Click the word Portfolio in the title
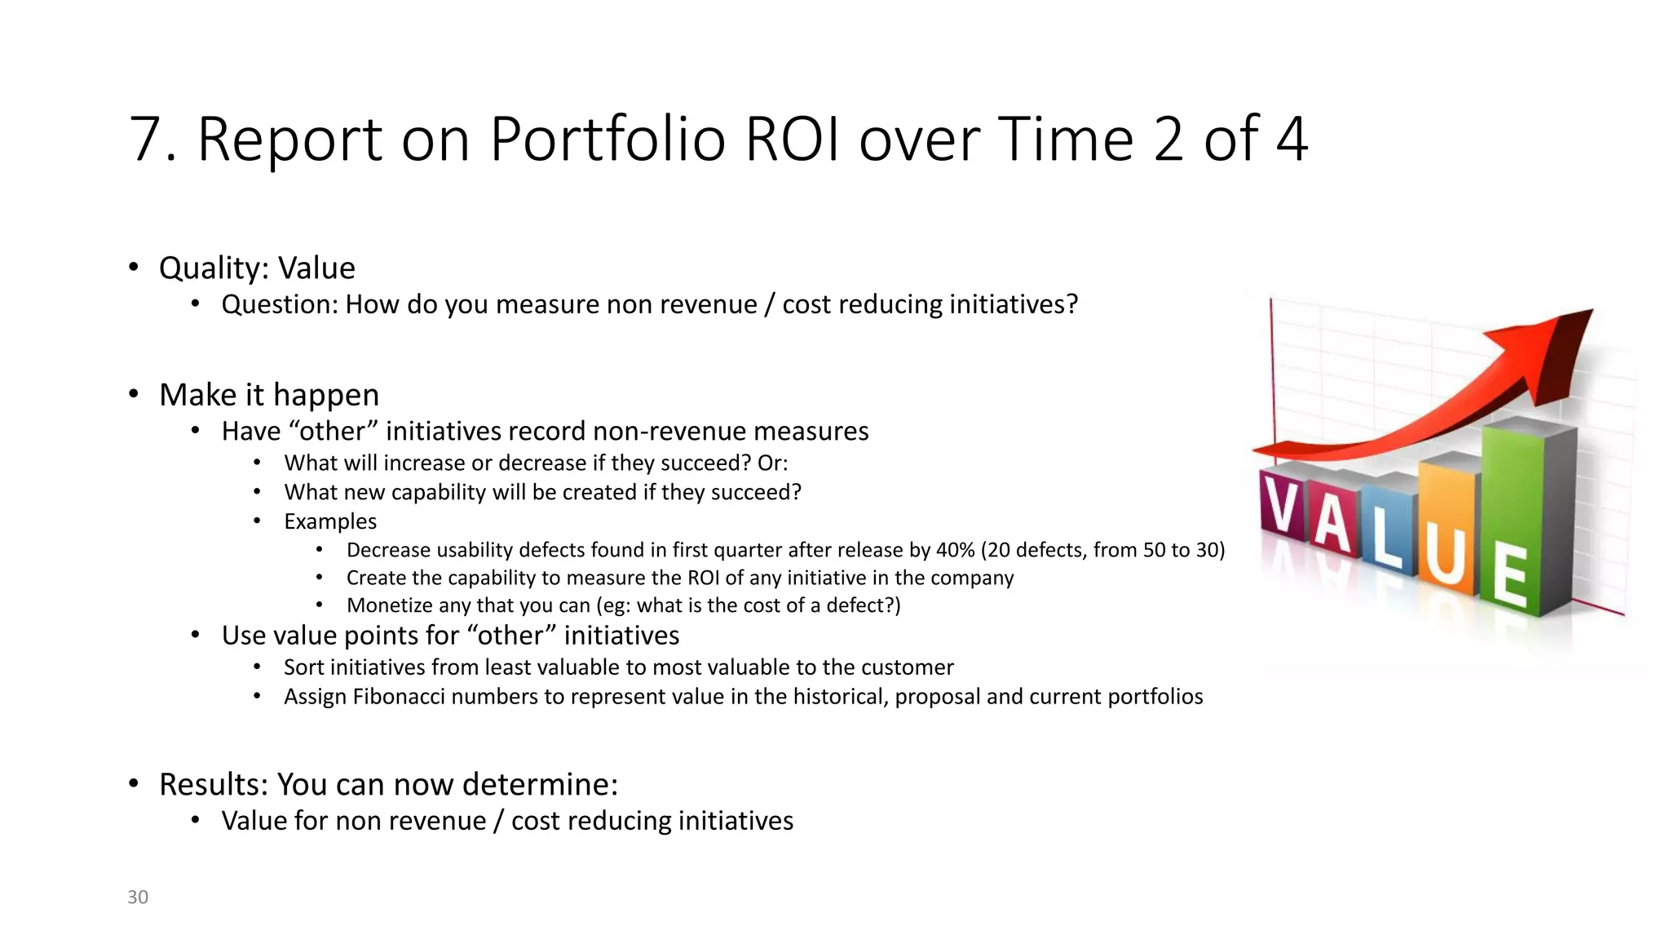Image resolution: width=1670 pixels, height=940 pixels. pos(607,139)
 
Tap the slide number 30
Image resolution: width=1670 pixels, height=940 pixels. pos(138,897)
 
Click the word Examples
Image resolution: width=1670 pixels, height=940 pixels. pos(330,521)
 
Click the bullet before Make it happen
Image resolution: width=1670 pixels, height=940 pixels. pos(134,395)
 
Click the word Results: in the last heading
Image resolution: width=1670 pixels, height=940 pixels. pos(213,784)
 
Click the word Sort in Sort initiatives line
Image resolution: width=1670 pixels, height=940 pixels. pos(303,667)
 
